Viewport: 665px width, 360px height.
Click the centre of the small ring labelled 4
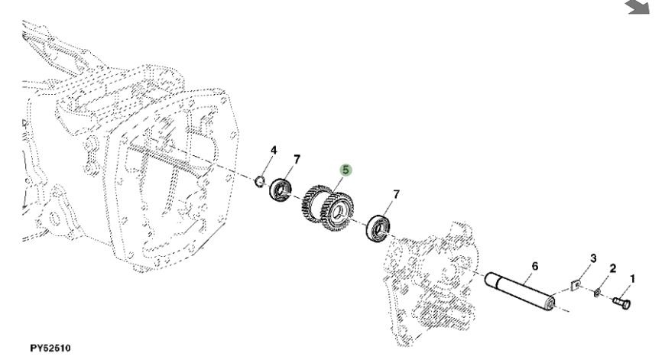tap(260, 181)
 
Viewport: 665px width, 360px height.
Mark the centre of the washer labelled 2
tap(597, 292)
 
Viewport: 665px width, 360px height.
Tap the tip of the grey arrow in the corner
tap(648, 13)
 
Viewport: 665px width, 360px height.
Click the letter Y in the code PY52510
tap(39, 348)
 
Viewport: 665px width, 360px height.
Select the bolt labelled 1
tap(621, 303)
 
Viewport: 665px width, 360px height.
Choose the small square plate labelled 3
tap(575, 285)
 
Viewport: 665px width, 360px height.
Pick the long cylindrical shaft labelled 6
tap(521, 292)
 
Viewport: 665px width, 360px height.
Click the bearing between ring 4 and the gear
tap(281, 190)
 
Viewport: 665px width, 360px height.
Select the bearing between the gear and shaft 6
tap(378, 229)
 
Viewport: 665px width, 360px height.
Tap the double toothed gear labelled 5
tap(327, 208)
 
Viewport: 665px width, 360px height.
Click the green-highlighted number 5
tap(345, 170)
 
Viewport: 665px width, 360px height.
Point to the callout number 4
tap(274, 150)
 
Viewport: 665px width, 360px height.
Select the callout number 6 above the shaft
tap(535, 266)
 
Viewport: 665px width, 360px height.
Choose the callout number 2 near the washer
tap(613, 268)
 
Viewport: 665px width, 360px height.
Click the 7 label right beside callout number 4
tap(297, 160)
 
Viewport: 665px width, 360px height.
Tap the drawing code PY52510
tap(50, 348)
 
